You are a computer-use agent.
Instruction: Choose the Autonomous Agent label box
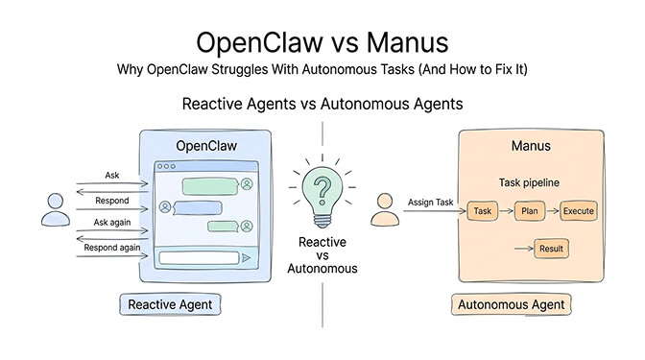pyautogui.click(x=510, y=305)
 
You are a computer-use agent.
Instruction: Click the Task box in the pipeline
pyautogui.click(x=483, y=210)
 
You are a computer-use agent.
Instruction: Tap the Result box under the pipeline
pyautogui.click(x=552, y=249)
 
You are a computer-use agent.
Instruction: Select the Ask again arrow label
pyautogui.click(x=112, y=222)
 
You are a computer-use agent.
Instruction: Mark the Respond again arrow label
pyautogui.click(x=110, y=246)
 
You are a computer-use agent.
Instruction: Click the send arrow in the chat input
pyautogui.click(x=247, y=257)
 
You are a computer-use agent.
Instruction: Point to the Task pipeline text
pyautogui.click(x=529, y=181)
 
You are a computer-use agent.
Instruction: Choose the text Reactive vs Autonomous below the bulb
pyautogui.click(x=322, y=254)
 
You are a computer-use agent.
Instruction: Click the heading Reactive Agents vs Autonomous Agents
pyautogui.click(x=322, y=103)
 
